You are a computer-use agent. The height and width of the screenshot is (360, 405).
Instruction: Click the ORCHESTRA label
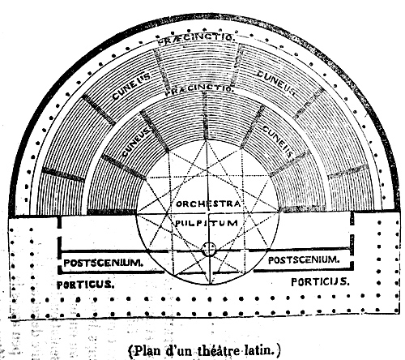pos(208,204)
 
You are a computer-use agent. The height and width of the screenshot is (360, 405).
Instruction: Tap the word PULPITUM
pos(207,223)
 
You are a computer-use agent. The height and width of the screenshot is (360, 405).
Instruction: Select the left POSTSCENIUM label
pos(103,263)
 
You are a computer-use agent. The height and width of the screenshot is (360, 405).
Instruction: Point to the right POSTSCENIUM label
pos(304,260)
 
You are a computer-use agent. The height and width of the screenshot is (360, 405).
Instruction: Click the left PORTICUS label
pos(85,285)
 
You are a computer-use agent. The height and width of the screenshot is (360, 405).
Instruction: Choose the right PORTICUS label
pos(320,282)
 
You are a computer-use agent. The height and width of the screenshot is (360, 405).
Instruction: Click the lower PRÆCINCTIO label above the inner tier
pos(199,89)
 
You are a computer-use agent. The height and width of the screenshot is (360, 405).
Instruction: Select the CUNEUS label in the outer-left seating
pos(131,86)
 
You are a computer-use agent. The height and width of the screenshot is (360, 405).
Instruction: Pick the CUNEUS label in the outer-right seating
pos(276,83)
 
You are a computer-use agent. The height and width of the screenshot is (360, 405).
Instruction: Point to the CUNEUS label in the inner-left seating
pos(136,142)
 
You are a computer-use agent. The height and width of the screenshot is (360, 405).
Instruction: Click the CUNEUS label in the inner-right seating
pos(278,142)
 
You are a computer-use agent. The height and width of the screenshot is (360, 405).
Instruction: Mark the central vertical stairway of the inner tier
pos(206,116)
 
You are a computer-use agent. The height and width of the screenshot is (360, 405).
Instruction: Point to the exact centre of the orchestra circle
pos(208,213)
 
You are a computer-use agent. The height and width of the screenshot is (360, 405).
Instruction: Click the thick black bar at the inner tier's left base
pos(111,212)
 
